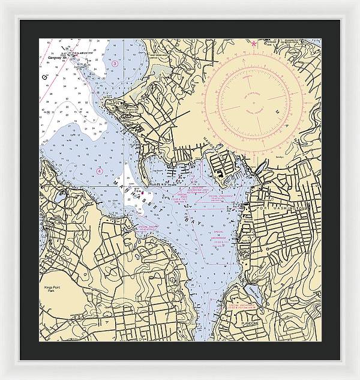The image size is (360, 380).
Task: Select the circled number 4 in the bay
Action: click(x=100, y=170)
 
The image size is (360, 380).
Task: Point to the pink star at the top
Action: click(x=254, y=44)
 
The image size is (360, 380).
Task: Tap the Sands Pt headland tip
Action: click(x=109, y=106)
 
